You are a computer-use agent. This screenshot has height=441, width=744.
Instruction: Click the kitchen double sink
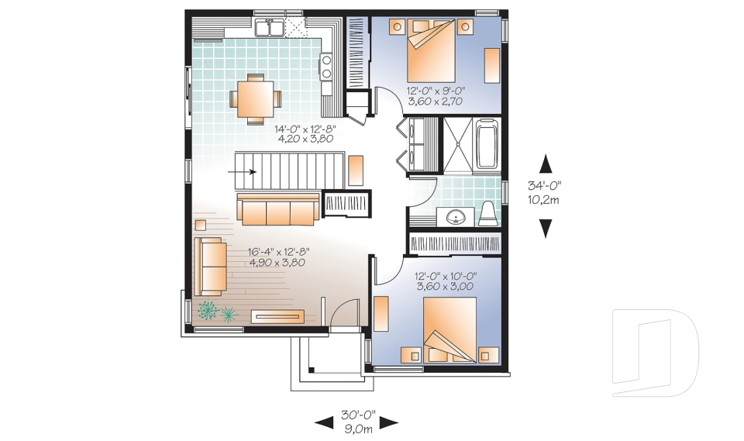[269, 27]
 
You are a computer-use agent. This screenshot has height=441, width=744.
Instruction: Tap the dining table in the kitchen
[255, 98]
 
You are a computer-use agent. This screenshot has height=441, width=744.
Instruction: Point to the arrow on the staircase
[242, 172]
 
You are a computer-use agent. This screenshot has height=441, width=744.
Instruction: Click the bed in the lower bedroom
[449, 329]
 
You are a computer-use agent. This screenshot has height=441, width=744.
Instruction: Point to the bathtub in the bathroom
[487, 143]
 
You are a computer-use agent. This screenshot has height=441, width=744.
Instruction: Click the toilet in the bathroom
[487, 214]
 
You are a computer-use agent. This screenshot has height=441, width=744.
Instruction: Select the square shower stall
[458, 144]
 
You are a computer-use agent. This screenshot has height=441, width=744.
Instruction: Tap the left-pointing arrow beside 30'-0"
[324, 422]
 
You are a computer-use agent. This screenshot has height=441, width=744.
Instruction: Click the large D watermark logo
[655, 352]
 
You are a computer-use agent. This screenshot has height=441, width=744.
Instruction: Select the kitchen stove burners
[326, 67]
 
